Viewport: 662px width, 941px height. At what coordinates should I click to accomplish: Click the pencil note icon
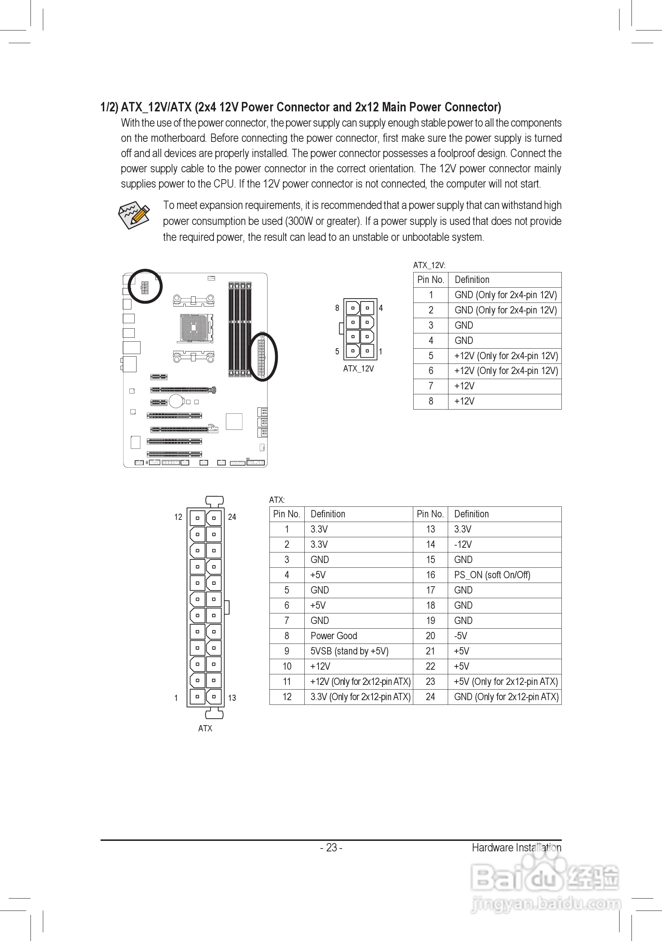[x=134, y=215]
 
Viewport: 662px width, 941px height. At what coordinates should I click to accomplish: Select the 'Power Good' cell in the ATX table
[x=333, y=636]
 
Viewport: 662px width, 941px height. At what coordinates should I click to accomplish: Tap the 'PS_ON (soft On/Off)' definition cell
[x=492, y=575]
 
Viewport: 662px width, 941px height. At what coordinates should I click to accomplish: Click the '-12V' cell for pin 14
[x=463, y=545]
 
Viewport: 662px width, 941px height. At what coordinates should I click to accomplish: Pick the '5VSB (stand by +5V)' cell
[x=349, y=651]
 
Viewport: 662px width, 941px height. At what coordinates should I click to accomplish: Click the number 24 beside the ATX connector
[x=232, y=517]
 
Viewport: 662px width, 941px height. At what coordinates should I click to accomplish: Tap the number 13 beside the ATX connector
[x=232, y=698]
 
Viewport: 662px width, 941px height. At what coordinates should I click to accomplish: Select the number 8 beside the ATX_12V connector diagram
[x=337, y=308]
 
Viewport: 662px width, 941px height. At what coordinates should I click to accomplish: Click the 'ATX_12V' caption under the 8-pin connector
[x=358, y=369]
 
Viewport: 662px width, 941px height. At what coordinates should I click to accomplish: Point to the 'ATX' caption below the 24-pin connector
[x=205, y=728]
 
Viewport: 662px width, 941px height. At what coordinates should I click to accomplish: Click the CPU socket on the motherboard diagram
[x=195, y=328]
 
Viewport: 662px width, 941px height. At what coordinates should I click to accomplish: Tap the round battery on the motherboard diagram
[x=175, y=401]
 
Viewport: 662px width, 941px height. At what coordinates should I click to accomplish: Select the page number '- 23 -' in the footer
[x=331, y=847]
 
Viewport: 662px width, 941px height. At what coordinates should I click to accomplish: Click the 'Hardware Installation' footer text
[x=516, y=847]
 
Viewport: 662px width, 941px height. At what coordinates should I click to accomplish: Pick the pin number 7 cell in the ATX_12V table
[x=431, y=386]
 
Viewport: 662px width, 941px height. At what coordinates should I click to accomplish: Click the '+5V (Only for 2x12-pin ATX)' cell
[x=505, y=682]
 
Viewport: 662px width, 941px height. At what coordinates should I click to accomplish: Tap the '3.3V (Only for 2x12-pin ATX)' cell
[x=360, y=697]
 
